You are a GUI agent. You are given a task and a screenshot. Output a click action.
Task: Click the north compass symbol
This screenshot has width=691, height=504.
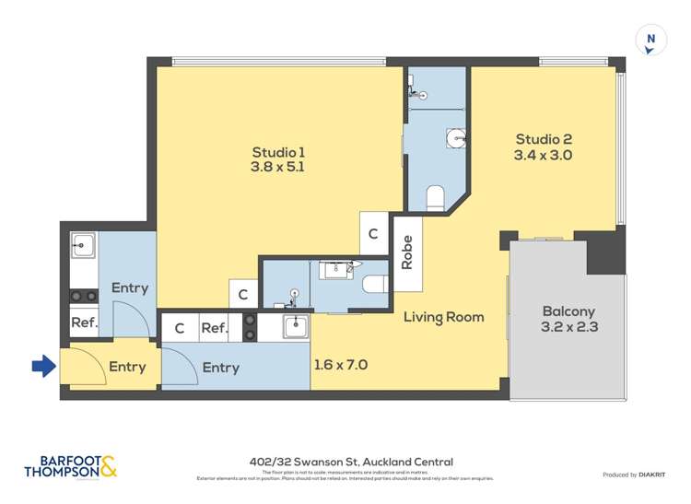pos(650,41)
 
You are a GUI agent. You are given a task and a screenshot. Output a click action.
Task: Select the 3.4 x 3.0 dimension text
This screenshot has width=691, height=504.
pos(543,156)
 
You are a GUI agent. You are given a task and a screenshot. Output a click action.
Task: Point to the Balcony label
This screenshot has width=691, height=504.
pos(568,311)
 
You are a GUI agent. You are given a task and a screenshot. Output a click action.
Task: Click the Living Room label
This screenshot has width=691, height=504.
pos(443,317)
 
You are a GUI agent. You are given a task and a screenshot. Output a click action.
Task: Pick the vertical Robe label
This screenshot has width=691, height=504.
pos(407,252)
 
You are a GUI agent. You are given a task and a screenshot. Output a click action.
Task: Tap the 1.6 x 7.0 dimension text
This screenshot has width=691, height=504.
pos(341,365)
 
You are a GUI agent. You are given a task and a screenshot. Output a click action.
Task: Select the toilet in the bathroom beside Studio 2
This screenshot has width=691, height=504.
pos(436,197)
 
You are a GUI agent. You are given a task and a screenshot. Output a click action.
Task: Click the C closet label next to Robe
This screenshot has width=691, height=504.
pos(373,235)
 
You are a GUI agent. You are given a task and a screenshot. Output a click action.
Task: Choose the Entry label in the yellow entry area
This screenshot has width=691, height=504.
pos(127,367)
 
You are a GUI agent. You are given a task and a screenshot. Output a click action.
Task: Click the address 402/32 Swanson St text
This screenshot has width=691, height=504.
pos(350,463)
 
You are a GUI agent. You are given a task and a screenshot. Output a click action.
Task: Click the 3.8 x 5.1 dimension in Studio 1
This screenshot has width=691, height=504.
pos(277,168)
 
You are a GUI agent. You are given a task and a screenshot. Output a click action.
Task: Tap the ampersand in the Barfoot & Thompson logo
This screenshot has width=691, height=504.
pos(108,467)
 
